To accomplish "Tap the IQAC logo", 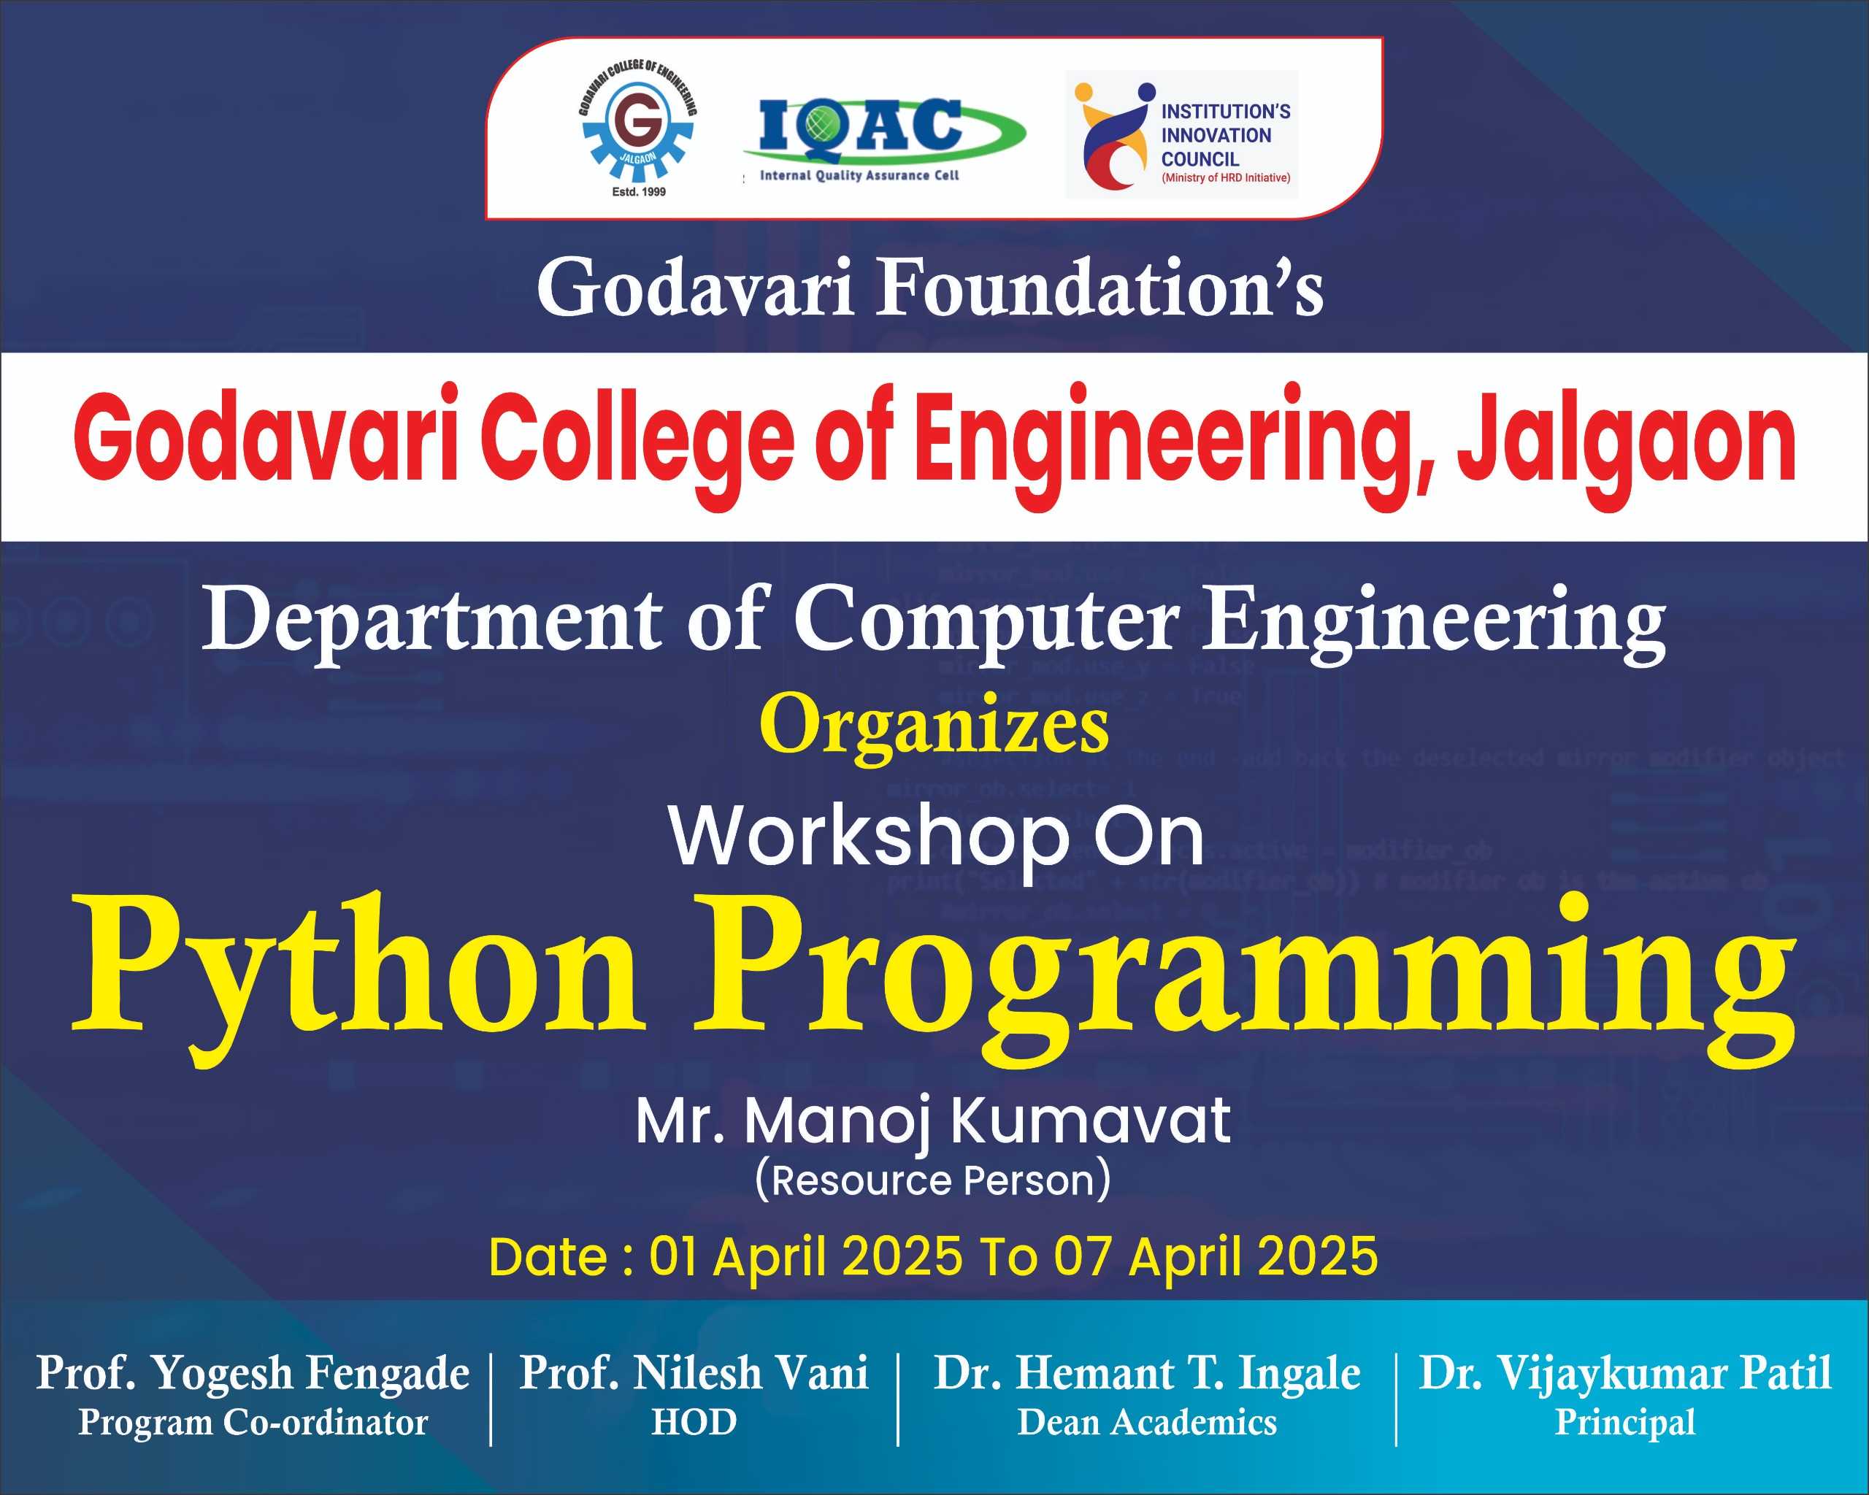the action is (x=883, y=139).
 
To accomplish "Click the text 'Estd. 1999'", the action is (x=639, y=191).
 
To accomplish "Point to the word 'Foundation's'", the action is (x=1100, y=288).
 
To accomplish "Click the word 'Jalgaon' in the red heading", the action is (x=1627, y=444).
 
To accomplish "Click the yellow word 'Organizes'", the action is (x=934, y=727).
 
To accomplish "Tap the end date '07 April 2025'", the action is (x=1216, y=1258).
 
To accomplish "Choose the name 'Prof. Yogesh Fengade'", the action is (x=253, y=1374).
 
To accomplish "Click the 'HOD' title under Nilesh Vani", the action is (x=694, y=1423).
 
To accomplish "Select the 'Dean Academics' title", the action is (x=1147, y=1423).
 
